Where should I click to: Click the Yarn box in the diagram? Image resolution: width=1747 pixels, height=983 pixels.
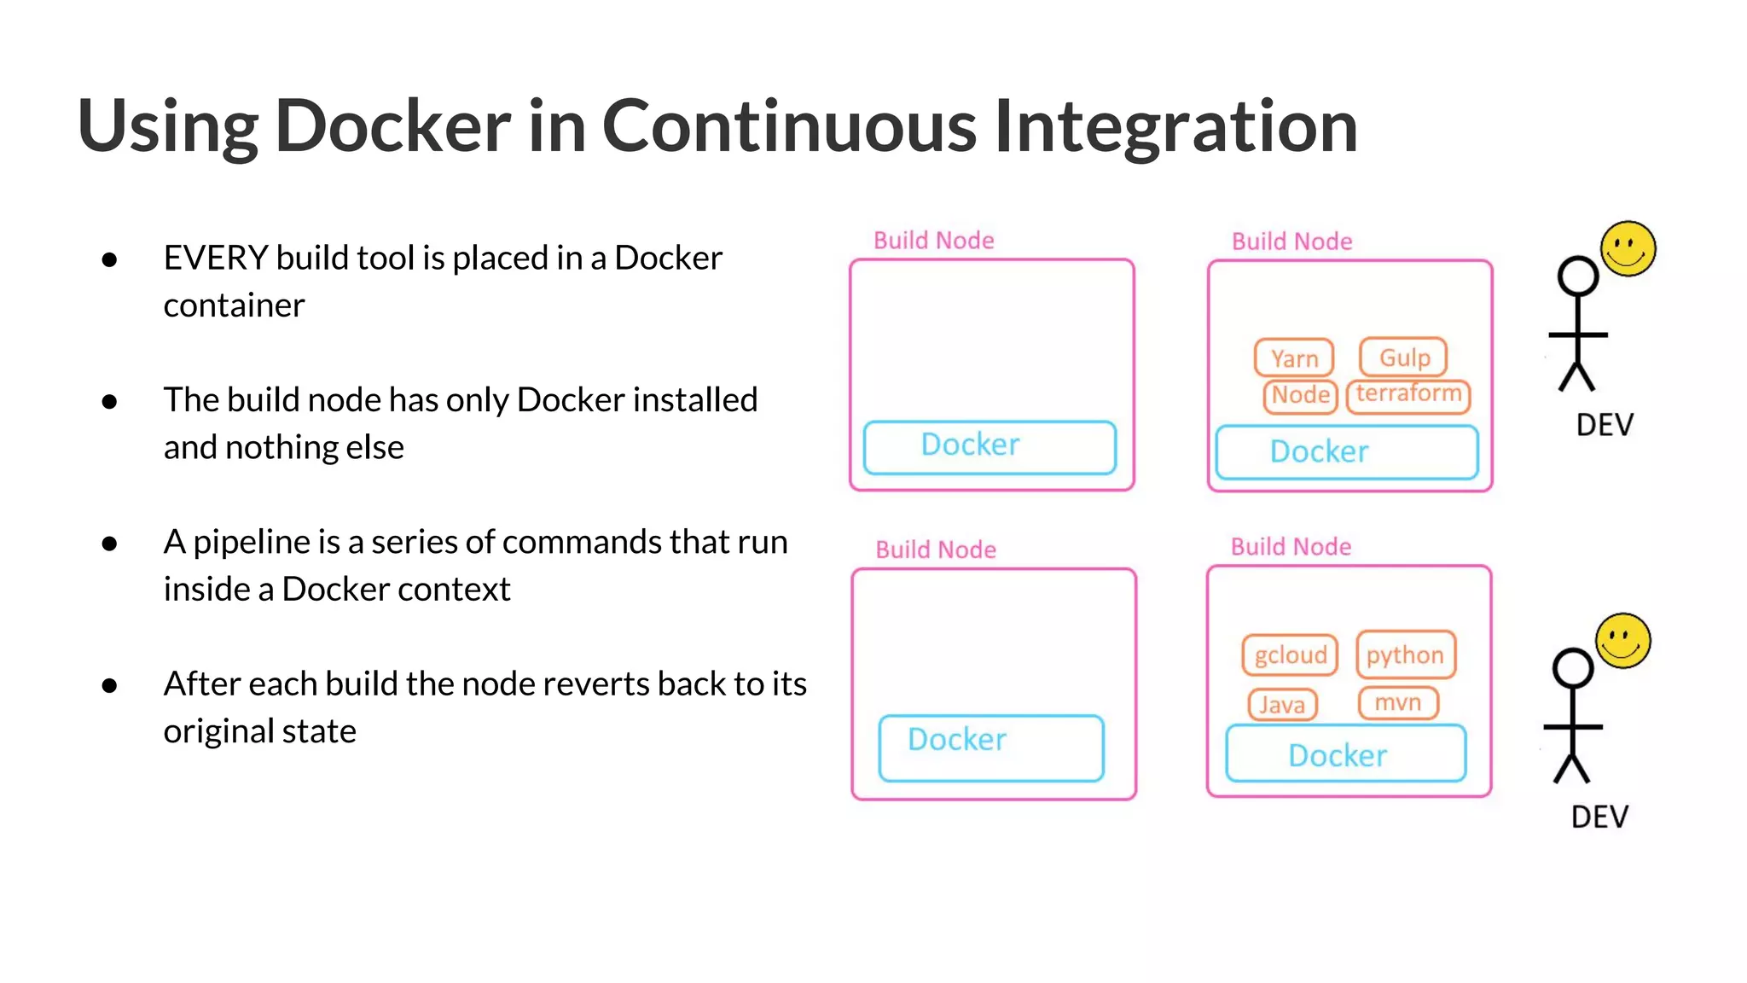click(1293, 358)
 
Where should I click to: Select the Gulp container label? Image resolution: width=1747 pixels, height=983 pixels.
click(1403, 358)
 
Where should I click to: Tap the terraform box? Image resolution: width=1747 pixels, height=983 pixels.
click(1408, 395)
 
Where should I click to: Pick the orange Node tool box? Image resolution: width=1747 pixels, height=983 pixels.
click(1300, 396)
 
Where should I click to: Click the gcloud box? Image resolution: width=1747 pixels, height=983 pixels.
click(1290, 655)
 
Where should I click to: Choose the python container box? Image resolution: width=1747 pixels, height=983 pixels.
click(1405, 655)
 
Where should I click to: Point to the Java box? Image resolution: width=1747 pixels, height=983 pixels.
click(1282, 705)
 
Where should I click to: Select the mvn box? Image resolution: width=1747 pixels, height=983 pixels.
click(1397, 703)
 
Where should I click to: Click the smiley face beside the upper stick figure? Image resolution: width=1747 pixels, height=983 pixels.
click(1628, 249)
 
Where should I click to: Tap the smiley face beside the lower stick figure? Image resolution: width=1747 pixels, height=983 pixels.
click(1623, 641)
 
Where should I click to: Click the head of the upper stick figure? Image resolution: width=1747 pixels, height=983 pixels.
click(1577, 276)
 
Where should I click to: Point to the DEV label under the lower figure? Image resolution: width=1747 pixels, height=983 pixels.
click(1599, 817)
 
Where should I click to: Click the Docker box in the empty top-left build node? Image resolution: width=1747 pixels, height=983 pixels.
click(990, 446)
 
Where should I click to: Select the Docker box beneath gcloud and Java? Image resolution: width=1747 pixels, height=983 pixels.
click(1345, 754)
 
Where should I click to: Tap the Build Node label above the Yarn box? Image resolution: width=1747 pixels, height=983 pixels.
click(1291, 241)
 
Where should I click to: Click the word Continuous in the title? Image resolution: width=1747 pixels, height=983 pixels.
click(789, 126)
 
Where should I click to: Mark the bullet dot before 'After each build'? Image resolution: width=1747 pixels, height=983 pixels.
click(109, 685)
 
